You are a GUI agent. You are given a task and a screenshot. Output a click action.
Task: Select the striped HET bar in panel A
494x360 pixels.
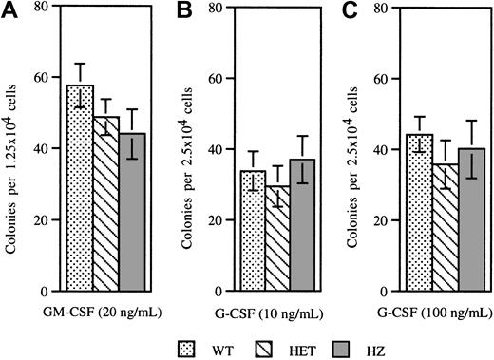(x=106, y=204)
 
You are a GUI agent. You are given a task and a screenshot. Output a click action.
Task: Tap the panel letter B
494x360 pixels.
(x=178, y=12)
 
